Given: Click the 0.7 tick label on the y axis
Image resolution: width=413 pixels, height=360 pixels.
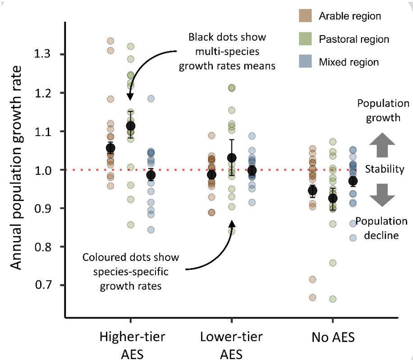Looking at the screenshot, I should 46,285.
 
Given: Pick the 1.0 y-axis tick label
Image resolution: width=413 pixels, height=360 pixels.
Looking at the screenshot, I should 46,170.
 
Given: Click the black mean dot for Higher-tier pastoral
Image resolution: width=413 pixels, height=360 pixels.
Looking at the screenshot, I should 131,126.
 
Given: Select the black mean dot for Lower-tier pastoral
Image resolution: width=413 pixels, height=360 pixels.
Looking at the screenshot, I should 232,158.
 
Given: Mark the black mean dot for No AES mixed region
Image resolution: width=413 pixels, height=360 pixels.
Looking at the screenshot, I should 353,181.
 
